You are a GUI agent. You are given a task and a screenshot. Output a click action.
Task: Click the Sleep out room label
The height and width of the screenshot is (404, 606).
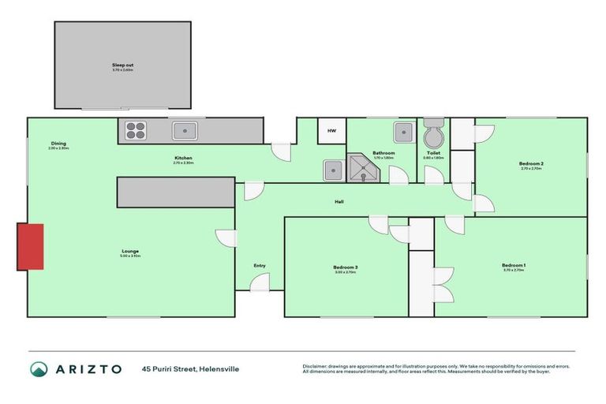(122, 65)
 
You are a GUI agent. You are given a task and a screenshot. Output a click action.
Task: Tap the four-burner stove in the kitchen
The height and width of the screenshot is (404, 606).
(135, 130)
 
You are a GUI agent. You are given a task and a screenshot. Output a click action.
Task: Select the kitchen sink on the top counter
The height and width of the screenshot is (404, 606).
(185, 130)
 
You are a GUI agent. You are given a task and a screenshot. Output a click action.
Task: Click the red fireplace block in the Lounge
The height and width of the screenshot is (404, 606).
(31, 246)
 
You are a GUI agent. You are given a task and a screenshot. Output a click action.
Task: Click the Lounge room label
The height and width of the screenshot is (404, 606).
(129, 252)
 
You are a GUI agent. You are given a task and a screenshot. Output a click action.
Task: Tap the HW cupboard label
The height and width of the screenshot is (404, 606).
(331, 131)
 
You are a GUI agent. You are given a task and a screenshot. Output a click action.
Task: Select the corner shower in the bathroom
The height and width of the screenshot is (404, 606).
(362, 168)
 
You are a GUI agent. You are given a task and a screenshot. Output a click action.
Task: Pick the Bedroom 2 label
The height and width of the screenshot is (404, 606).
(531, 163)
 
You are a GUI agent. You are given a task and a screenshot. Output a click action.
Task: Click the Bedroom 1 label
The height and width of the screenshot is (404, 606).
(514, 265)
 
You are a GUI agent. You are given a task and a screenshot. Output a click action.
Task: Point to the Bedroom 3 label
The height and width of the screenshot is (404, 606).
(345, 267)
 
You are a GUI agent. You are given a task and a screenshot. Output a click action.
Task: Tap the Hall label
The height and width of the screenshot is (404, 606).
(339, 201)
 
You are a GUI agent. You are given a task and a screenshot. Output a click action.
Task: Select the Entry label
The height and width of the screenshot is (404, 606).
(260, 266)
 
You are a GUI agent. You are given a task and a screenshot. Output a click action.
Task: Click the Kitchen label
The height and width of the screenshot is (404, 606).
(183, 158)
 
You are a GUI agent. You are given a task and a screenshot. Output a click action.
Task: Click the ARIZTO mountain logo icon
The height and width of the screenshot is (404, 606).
(39, 368)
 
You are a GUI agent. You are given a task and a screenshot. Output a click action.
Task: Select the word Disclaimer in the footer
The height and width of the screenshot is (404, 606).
(316, 366)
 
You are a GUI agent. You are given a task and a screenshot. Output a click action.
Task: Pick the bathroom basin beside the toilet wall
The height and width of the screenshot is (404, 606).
(403, 132)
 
